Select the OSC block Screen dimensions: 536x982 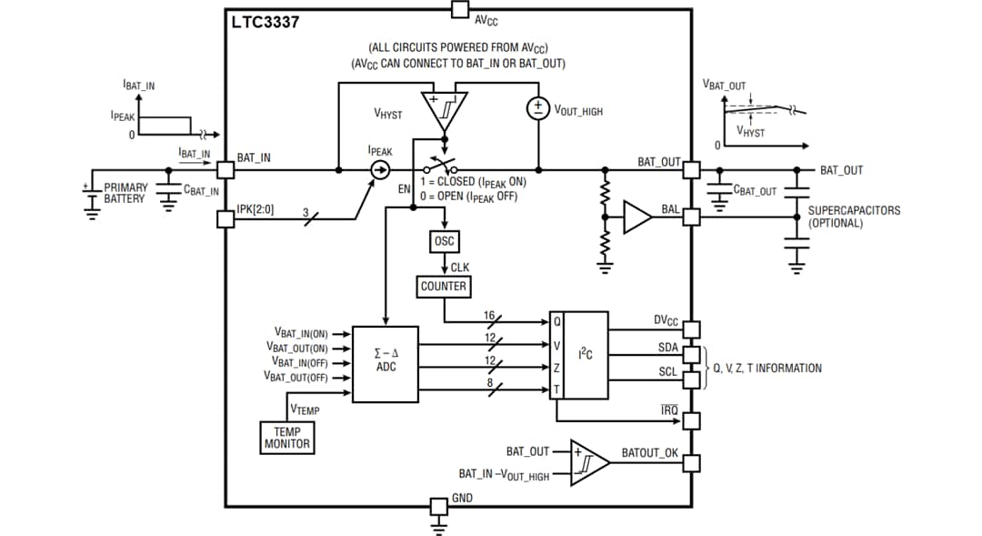[444, 242]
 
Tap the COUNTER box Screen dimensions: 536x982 [444, 287]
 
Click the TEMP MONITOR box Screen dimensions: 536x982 [287, 438]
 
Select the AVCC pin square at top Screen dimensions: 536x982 [459, 11]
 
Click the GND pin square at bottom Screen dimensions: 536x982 [438, 506]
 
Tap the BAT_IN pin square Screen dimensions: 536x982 [225, 170]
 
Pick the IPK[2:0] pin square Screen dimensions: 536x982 [225, 218]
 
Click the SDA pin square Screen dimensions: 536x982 [692, 353]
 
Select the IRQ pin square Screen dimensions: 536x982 [692, 420]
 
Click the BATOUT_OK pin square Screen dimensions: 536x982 [692, 463]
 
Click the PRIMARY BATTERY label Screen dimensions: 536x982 [125, 193]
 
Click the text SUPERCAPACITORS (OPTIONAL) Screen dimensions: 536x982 [854, 217]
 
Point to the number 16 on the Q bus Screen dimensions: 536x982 [488, 315]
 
